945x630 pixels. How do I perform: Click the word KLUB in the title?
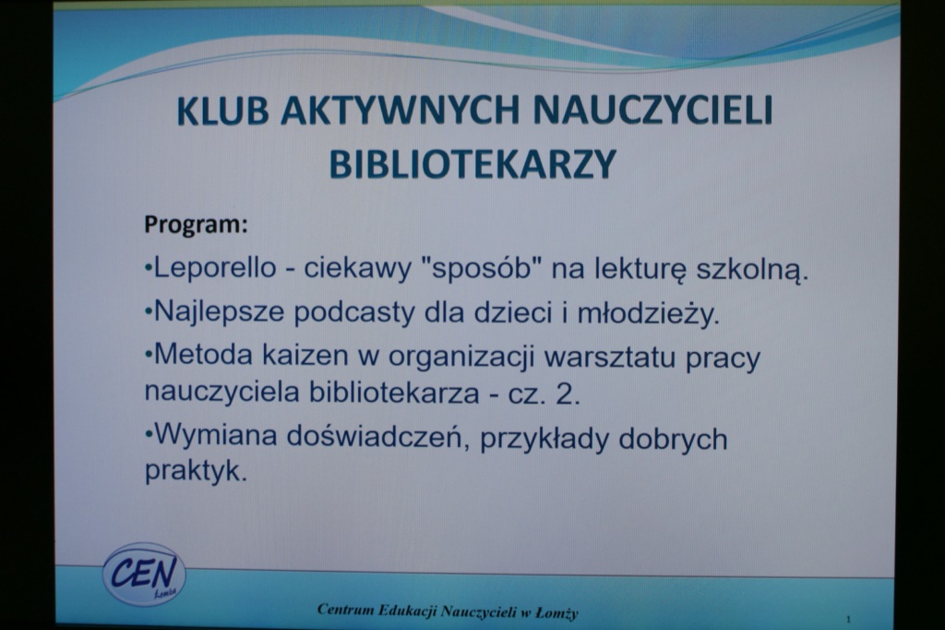222,110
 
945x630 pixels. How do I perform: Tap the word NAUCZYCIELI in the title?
653,109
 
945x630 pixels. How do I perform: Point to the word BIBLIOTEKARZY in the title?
473,164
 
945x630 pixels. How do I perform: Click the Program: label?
196,224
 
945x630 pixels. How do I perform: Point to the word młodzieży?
649,313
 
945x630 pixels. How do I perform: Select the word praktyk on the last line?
196,471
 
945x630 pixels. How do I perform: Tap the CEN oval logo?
144,574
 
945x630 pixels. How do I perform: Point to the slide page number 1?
849,619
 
